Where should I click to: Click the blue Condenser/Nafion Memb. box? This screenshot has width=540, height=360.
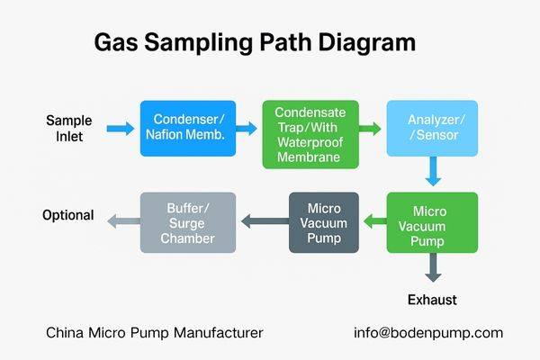[x=188, y=127]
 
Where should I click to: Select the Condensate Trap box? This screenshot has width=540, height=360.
[x=310, y=133]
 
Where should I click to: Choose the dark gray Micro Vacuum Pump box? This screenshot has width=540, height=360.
[x=323, y=221]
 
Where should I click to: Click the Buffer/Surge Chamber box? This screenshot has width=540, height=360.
[x=187, y=221]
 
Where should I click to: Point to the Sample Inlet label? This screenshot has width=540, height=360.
[x=68, y=129]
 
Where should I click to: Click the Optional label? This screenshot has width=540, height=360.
[x=68, y=215]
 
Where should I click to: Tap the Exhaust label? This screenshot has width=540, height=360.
[x=432, y=299]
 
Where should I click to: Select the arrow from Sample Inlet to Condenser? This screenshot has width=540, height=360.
[x=120, y=130]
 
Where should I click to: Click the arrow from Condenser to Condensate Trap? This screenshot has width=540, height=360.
[x=248, y=130]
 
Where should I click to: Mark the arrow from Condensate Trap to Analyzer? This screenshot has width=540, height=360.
[x=370, y=130]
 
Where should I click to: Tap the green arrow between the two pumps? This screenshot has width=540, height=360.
[x=373, y=220]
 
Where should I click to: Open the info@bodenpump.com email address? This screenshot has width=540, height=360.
[x=427, y=333]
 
